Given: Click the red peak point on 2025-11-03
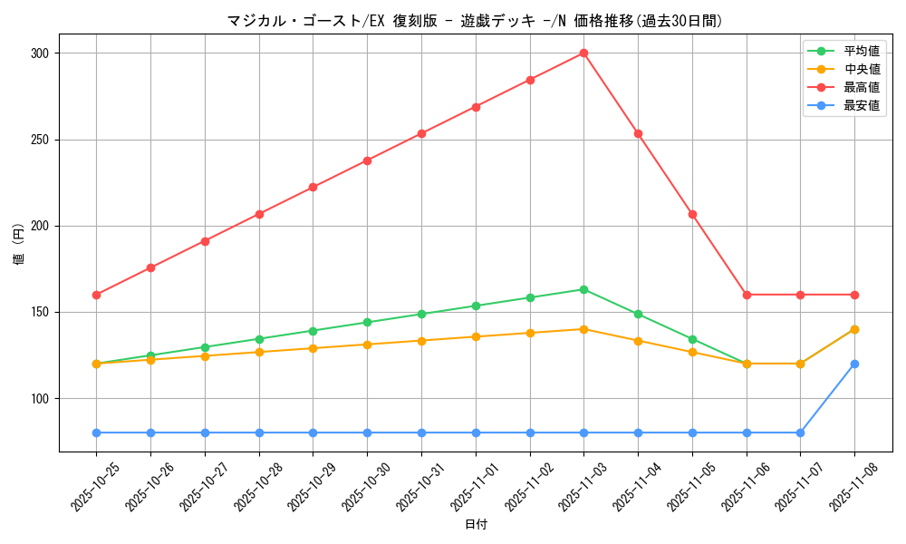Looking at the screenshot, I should (583, 53).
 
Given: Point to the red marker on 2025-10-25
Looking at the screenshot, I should (96, 295).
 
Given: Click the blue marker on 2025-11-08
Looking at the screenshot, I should (854, 364).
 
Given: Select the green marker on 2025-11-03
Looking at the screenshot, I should (583, 289).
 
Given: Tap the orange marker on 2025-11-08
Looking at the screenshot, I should (854, 329).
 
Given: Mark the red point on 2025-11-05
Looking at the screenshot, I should (692, 214).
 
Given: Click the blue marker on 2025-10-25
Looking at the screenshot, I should (96, 432).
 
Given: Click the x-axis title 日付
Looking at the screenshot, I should (476, 525).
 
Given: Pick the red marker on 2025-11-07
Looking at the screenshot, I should (800, 295).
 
